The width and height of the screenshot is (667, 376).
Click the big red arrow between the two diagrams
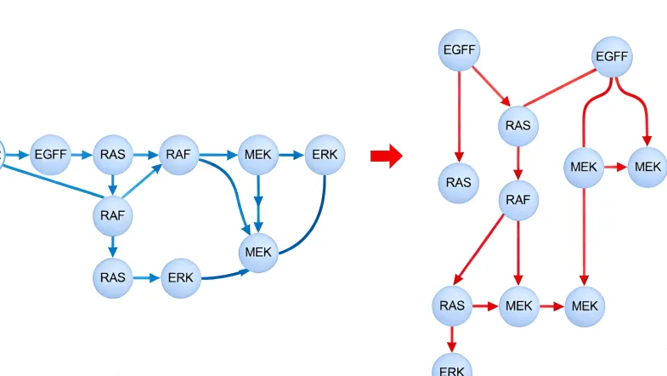click(385, 156)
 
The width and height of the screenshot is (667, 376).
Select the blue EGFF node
click(50, 155)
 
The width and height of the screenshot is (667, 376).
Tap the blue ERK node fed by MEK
click(325, 155)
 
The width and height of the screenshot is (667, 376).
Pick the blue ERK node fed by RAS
click(180, 277)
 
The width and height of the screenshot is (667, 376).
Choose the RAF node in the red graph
click(517, 201)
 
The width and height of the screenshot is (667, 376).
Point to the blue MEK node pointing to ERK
click(258, 155)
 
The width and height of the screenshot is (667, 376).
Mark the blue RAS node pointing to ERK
click(112, 277)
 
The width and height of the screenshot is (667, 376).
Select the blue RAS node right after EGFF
click(112, 155)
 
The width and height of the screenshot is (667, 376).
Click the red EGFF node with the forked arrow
click(612, 57)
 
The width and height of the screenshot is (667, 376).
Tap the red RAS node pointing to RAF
click(517, 126)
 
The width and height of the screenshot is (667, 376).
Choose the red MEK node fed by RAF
click(519, 305)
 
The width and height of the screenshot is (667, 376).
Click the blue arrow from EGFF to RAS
click(81, 155)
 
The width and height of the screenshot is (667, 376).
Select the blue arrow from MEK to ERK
click(291, 155)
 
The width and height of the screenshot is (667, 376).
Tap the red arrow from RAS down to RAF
click(517, 163)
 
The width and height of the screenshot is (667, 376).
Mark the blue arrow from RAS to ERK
click(146, 277)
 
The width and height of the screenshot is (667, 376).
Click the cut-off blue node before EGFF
click(2, 154)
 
